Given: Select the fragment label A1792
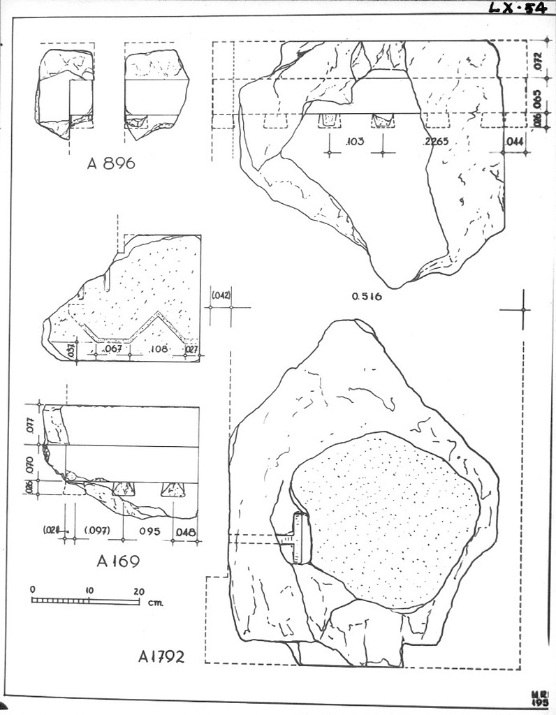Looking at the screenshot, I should click(161, 656).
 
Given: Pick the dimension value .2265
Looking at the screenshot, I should click(435, 142).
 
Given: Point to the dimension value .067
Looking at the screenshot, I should click(112, 348).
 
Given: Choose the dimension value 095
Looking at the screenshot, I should click(149, 531).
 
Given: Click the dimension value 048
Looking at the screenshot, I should click(185, 531).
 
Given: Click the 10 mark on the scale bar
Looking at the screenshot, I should click(89, 590).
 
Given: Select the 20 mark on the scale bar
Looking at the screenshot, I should click(138, 590).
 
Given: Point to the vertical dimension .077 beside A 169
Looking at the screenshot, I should click(29, 425).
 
